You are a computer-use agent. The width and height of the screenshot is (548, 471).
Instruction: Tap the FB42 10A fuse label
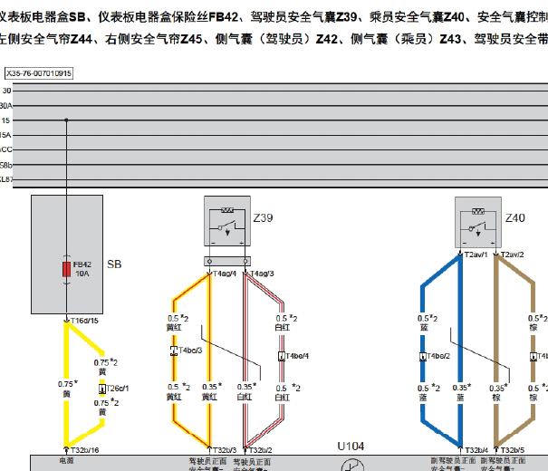[83, 268]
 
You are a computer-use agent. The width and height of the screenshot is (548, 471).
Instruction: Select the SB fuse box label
[114, 264]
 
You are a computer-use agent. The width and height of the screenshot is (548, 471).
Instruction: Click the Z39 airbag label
[263, 219]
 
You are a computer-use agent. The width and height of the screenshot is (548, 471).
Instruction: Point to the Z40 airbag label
[514, 218]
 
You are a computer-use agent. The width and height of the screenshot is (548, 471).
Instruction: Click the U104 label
[351, 447]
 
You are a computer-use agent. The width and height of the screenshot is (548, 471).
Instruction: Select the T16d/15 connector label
[85, 320]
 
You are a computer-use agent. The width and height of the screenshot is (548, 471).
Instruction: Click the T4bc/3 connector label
[189, 350]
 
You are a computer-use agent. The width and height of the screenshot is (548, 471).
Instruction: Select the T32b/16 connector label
[85, 449]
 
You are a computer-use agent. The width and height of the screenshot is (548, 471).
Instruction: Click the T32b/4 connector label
[476, 449]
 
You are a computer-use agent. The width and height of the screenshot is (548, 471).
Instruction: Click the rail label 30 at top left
[7, 91]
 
